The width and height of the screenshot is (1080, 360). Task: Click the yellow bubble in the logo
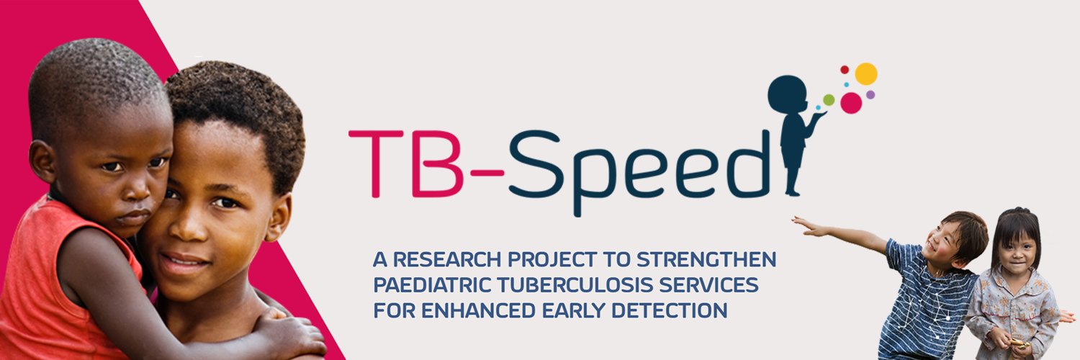(866, 73)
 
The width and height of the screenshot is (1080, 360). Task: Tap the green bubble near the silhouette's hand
(829, 99)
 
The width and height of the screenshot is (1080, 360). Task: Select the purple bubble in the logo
(870, 94)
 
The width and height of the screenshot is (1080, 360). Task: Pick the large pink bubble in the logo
(851, 103)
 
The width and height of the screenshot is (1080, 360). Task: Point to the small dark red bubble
(845, 70)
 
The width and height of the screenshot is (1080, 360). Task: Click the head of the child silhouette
(787, 94)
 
